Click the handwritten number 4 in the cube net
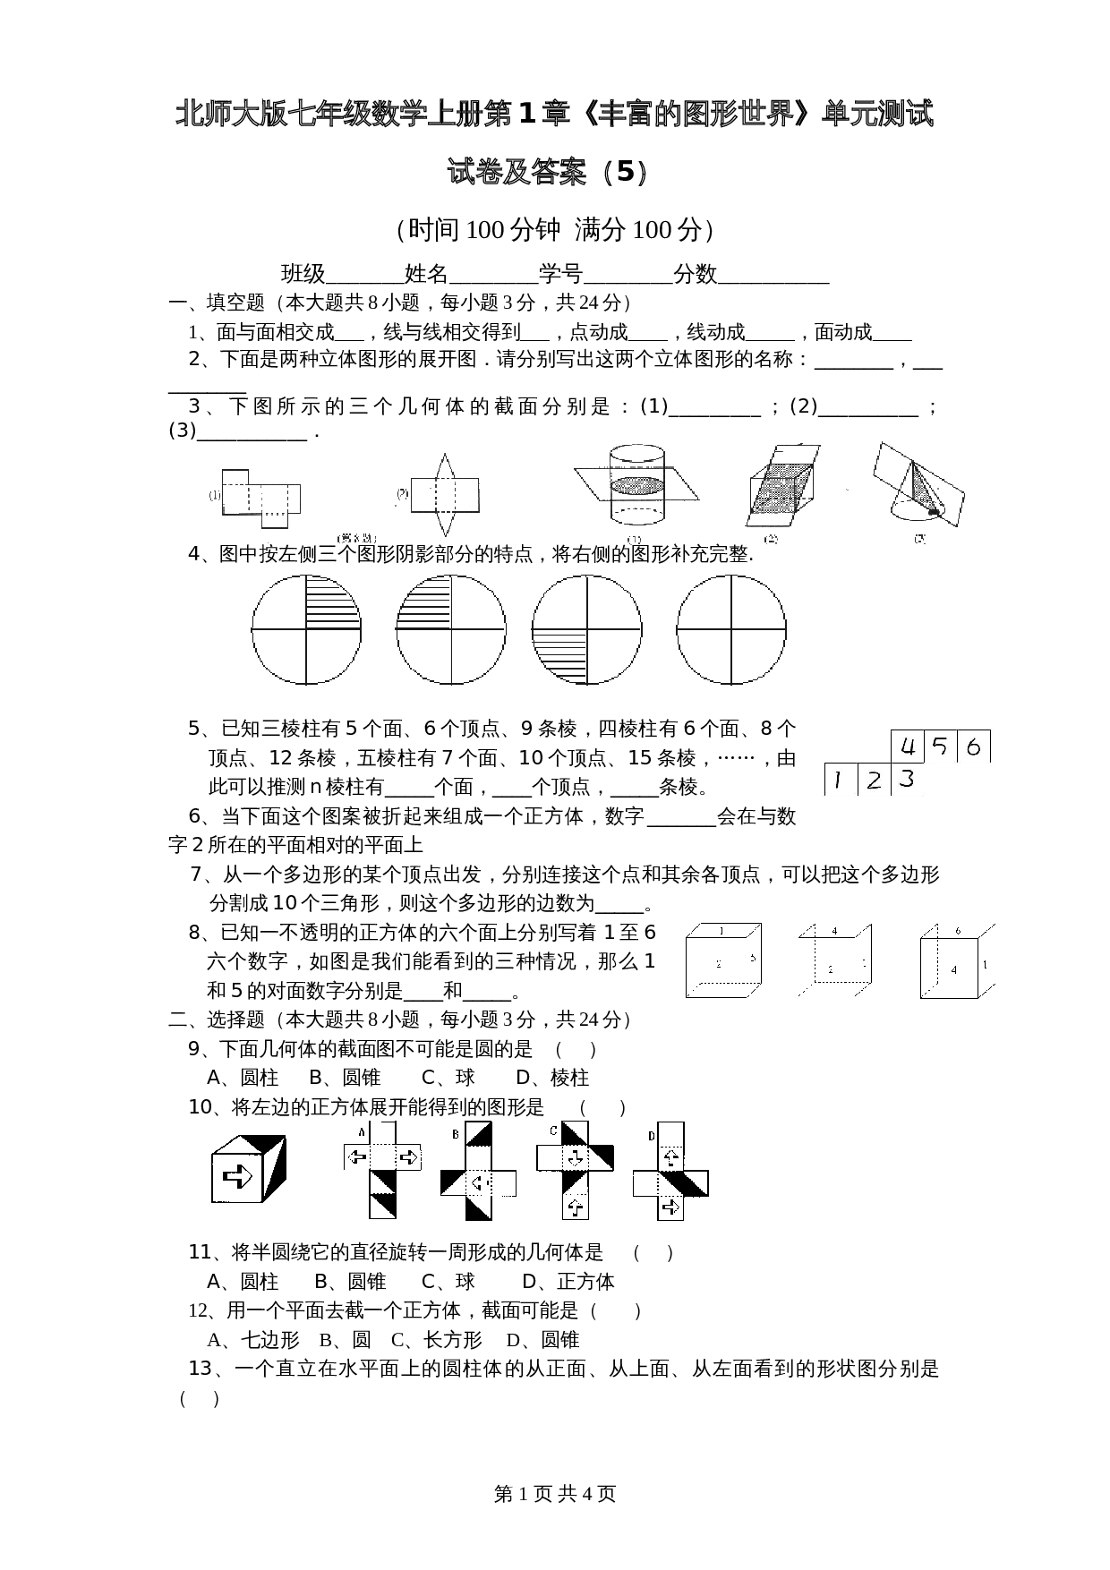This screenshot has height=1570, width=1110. pos(909,747)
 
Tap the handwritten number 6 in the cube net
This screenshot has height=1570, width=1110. pos(974,747)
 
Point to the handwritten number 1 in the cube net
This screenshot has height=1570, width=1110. pos(837,781)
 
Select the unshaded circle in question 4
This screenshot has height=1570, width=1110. pos(731,629)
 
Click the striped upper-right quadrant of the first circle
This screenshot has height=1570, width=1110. pos(331,602)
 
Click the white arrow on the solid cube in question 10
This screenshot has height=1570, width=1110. pos(238,1175)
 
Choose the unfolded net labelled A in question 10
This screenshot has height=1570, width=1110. pos(383,1169)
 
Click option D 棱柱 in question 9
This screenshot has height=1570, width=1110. pos(552,1078)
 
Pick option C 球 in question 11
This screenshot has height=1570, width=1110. pos(448,1282)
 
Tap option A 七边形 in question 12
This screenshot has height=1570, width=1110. pos(253,1340)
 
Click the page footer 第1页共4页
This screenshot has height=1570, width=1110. pos(555,1494)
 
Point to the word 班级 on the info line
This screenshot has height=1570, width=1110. pos(303,274)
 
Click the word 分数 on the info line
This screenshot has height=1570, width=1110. pos(696,274)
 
